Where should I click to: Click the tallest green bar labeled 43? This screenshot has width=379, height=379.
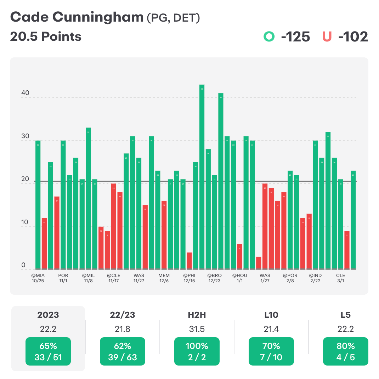click(202, 177)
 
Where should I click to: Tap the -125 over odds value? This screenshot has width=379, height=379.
click(295, 37)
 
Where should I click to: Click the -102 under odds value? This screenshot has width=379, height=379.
click(353, 37)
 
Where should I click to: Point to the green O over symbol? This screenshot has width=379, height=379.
click(269, 37)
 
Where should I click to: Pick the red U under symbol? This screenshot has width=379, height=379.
click(327, 37)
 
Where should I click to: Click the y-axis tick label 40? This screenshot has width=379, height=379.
click(25, 93)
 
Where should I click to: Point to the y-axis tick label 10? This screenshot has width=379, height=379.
click(25, 222)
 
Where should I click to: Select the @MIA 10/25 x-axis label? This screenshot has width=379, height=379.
click(38, 278)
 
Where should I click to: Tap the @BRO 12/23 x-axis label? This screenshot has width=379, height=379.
click(215, 278)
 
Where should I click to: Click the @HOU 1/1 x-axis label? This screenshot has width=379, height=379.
click(240, 278)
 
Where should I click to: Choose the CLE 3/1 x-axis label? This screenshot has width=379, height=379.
click(340, 278)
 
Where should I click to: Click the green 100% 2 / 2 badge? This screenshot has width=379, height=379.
click(197, 351)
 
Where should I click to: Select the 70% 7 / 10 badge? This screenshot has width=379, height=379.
click(271, 351)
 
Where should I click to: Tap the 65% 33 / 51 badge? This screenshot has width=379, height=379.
click(48, 351)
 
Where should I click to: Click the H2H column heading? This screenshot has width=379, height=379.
click(197, 315)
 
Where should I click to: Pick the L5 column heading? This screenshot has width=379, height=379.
click(346, 315)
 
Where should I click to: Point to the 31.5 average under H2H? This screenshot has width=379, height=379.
click(197, 329)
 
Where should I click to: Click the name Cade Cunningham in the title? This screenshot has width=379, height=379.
click(76, 17)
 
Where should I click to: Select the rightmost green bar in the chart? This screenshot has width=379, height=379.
click(353, 220)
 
